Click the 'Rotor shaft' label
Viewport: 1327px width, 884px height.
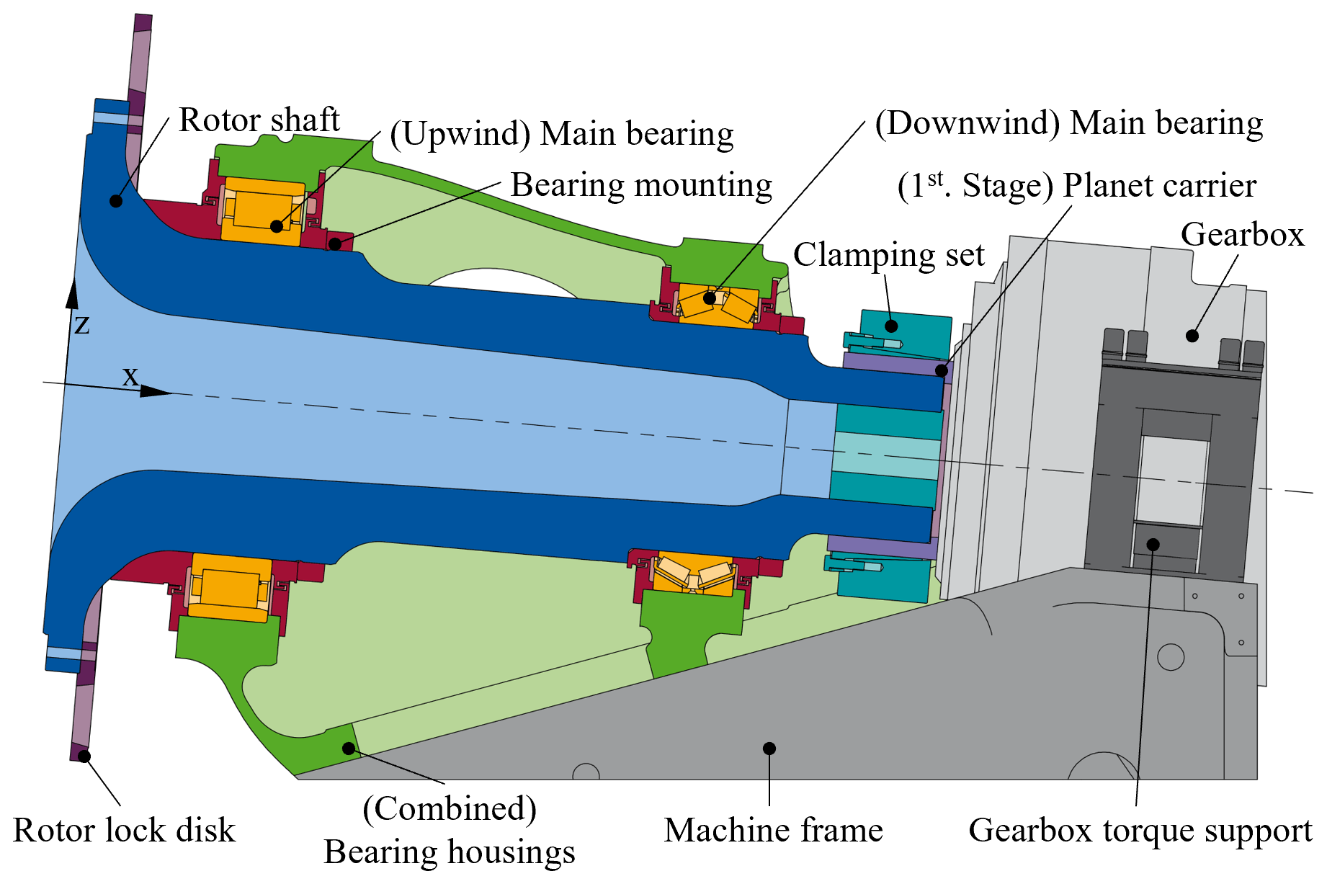pyautogui.click(x=259, y=120)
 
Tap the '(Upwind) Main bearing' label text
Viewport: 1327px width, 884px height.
pyautogui.click(x=561, y=135)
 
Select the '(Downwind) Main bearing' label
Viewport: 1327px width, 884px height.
pyautogui.click(x=1068, y=123)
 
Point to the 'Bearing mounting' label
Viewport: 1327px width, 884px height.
pyautogui.click(x=640, y=185)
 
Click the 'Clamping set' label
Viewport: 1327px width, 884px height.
pyautogui.click(x=888, y=255)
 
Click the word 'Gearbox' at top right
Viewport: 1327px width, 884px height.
pyautogui.click(x=1242, y=235)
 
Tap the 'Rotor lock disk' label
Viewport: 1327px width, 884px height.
pyautogui.click(x=124, y=830)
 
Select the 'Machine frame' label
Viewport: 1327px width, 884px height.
pyautogui.click(x=773, y=830)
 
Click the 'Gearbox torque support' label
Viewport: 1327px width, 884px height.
pyautogui.click(x=1140, y=830)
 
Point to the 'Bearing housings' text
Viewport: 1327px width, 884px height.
pyautogui.click(x=449, y=852)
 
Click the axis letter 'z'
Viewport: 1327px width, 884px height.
pyautogui.click(x=82, y=325)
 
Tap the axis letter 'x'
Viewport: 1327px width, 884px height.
pyautogui.click(x=130, y=376)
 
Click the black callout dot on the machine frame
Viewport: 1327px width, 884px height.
pyautogui.click(x=769, y=749)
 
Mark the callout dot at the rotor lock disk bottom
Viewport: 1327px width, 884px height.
pyautogui.click(x=84, y=756)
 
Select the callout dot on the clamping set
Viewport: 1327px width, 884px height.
pyautogui.click(x=891, y=326)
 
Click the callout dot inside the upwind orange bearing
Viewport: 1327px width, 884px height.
pyautogui.click(x=277, y=226)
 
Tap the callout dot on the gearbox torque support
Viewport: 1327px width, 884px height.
pyautogui.click(x=1153, y=544)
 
